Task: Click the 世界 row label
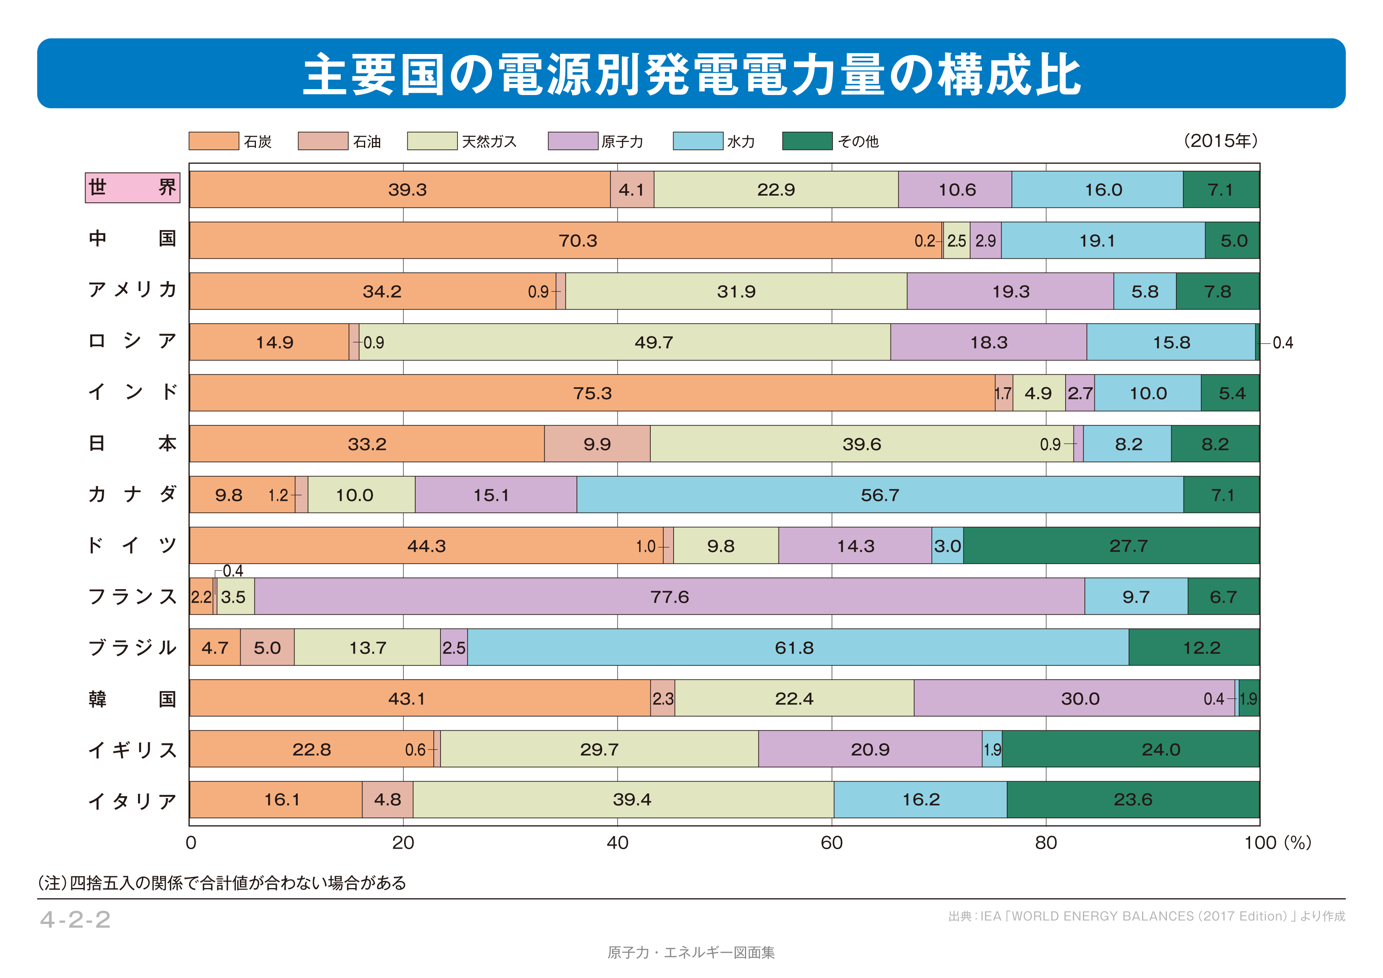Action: pos(133,187)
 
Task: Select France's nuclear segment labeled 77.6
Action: pos(669,596)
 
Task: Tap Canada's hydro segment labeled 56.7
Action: pos(879,495)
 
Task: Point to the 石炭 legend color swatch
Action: pos(213,141)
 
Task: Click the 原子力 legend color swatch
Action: pos(572,141)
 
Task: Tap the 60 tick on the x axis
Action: pos(831,842)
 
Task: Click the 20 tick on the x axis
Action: pos(403,842)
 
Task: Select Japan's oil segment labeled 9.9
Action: pos(597,444)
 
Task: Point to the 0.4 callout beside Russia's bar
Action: pos(1282,343)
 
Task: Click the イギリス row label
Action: pos(133,750)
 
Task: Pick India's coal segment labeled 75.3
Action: pos(592,393)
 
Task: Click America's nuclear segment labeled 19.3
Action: pos(1010,291)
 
